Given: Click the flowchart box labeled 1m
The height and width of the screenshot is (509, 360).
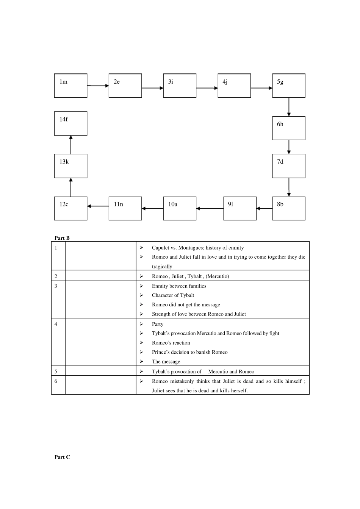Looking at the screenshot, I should pos(70,86).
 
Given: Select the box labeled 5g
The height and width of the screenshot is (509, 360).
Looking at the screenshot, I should pos(288,86).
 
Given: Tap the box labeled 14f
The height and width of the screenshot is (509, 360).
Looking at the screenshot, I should pos(70,123).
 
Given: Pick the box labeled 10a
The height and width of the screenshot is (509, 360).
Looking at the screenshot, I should pos(180,208).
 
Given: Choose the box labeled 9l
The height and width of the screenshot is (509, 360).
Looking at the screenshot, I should pos(239,208).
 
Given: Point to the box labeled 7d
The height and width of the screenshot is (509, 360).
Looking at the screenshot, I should pos(288,166).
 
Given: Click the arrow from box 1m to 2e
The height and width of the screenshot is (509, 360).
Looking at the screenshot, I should pos(98,86).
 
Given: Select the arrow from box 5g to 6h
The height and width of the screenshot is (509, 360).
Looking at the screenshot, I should pos(289,107).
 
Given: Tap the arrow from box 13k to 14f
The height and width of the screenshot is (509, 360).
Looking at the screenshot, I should pos(71,145).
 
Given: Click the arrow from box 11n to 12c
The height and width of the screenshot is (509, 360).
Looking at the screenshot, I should pos(98,206).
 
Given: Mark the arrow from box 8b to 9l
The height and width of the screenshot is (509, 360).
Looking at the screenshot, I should pos(264,208).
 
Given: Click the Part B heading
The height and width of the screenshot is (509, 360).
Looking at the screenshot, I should pos(62,238).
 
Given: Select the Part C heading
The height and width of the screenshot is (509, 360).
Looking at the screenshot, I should pos(62,457).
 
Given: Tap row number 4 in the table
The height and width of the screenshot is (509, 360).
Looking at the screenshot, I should pos(56,324).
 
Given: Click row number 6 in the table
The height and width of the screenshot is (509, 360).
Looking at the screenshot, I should pos(56,381).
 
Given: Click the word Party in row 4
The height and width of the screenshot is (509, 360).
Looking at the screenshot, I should pos(158,324).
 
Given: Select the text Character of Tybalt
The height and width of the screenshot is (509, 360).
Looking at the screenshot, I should pos(173,295).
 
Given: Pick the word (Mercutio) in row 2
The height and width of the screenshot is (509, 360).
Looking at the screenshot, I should pos(218,276).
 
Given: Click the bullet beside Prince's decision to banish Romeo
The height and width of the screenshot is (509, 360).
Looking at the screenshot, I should pos(141,352).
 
